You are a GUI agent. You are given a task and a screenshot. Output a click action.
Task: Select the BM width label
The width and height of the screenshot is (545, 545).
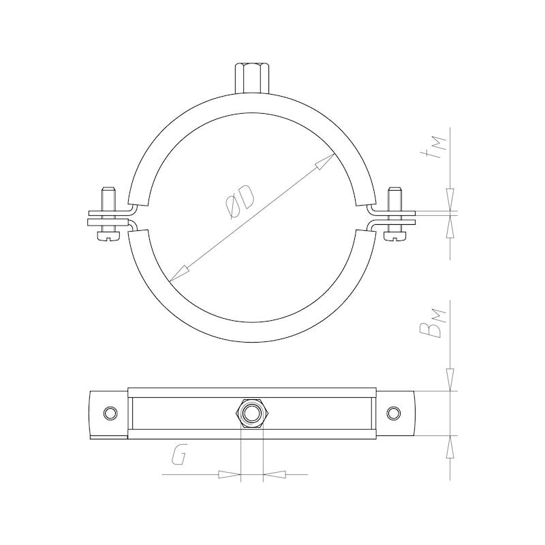point(432,323)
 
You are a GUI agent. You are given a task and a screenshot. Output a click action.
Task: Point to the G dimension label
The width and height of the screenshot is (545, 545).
point(179,454)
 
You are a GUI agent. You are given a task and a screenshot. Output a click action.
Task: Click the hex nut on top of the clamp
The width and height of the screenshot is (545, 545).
point(252,78)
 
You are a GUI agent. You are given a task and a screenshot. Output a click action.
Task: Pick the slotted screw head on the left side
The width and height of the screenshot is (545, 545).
point(108,235)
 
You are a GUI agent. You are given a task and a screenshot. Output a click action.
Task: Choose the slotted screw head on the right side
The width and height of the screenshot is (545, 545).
point(395,235)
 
